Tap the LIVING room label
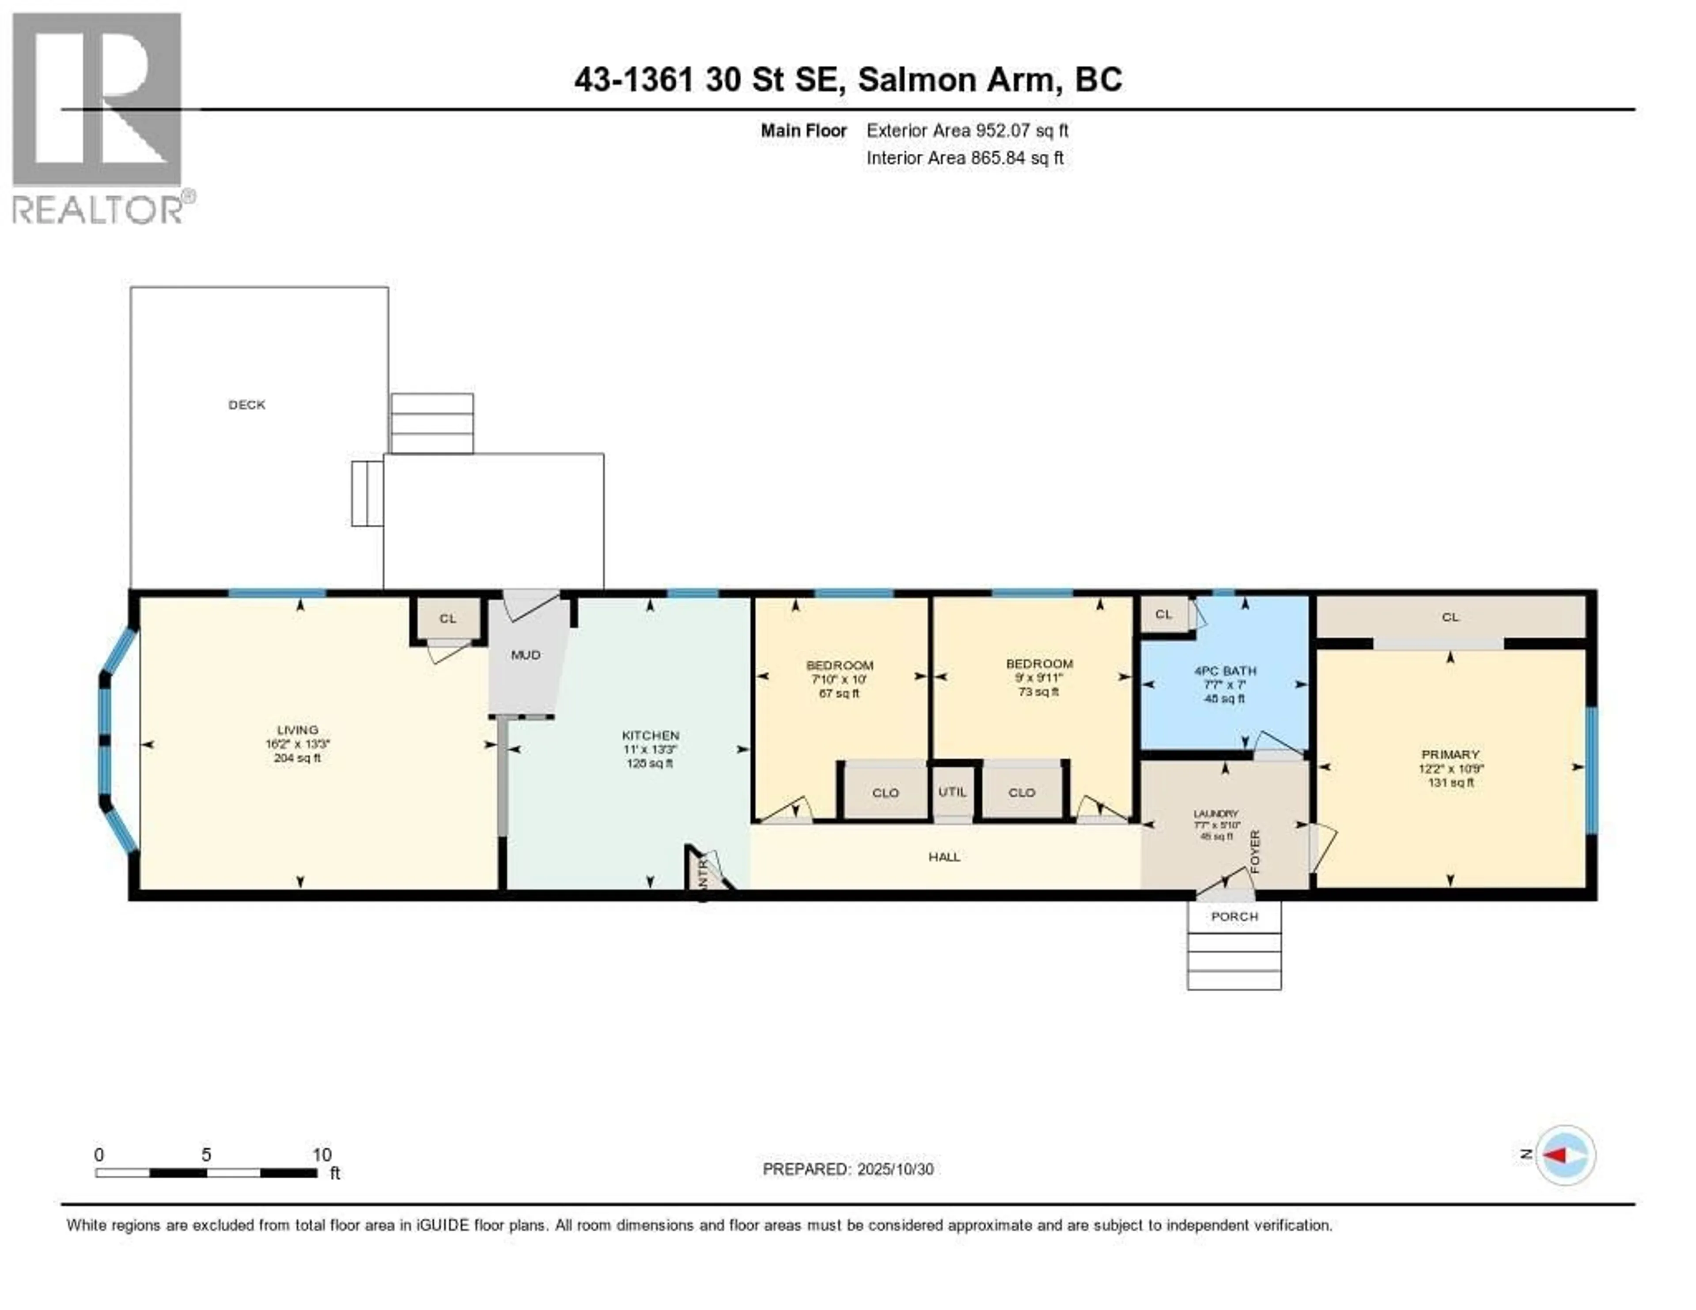297,730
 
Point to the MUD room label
525,655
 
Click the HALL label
944,856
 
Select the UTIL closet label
952,791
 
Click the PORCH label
1234,916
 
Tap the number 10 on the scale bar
322,1155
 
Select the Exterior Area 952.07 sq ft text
967,130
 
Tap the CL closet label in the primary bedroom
1450,617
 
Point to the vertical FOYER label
1255,851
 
